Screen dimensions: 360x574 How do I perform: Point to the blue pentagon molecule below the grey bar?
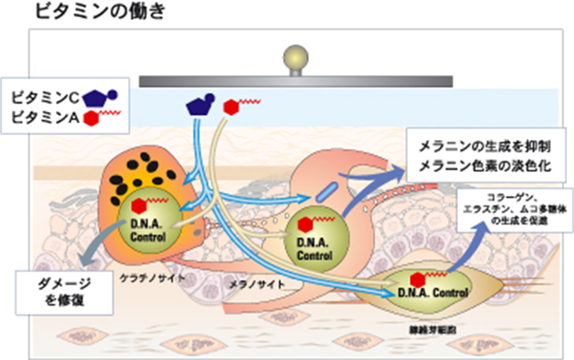tap(197, 105)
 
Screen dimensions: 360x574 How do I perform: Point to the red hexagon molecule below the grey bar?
tap(231, 107)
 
